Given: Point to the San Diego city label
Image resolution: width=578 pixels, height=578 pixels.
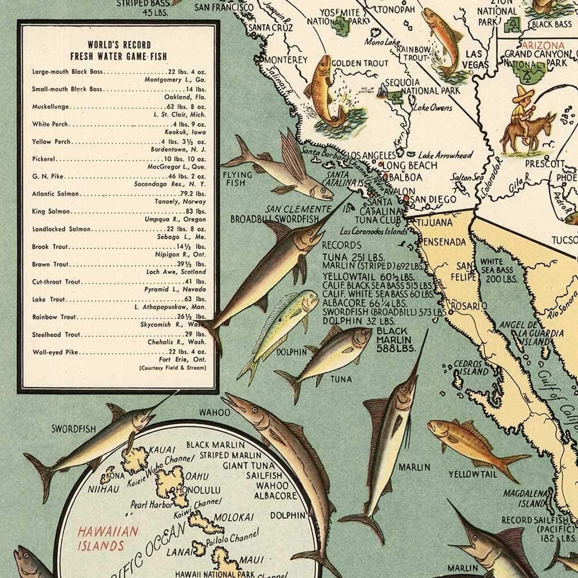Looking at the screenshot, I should pos(432,199).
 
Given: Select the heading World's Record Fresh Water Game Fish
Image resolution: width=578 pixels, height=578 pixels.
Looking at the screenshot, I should pos(119,50).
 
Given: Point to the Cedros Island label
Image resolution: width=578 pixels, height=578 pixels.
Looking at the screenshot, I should pos(471,368).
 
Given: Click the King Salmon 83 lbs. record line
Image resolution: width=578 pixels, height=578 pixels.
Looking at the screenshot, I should pos(119,211).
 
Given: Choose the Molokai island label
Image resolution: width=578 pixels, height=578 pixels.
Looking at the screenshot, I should pos(233,517).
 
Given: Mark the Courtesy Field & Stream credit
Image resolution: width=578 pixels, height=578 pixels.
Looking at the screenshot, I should pos(172,368).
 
